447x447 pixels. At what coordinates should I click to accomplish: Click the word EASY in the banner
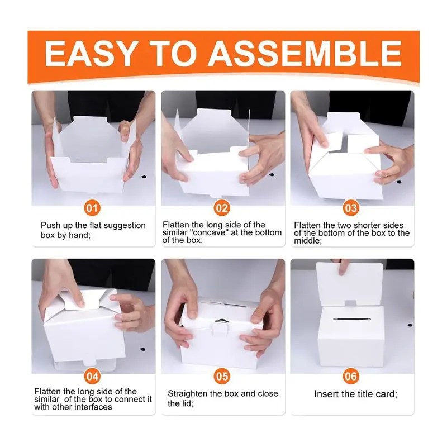[x=90, y=54]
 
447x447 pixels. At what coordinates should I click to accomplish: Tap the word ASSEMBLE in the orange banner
[x=305, y=54]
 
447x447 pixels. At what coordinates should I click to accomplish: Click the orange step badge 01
[x=92, y=208]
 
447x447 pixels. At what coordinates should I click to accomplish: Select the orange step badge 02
[x=222, y=208]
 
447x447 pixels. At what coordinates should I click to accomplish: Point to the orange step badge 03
[x=351, y=208]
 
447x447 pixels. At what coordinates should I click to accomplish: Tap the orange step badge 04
[x=92, y=376]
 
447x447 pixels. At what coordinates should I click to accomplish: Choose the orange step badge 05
[x=222, y=376]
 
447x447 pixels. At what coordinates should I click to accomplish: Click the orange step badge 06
[x=351, y=376]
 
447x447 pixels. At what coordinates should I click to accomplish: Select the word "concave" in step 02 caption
[x=211, y=232]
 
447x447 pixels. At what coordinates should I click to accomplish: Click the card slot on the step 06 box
[x=352, y=319]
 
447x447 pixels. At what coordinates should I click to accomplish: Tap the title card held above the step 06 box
[x=350, y=284]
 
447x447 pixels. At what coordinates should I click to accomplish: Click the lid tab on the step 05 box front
[x=220, y=330]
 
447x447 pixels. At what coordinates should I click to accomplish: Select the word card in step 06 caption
[x=386, y=394]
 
